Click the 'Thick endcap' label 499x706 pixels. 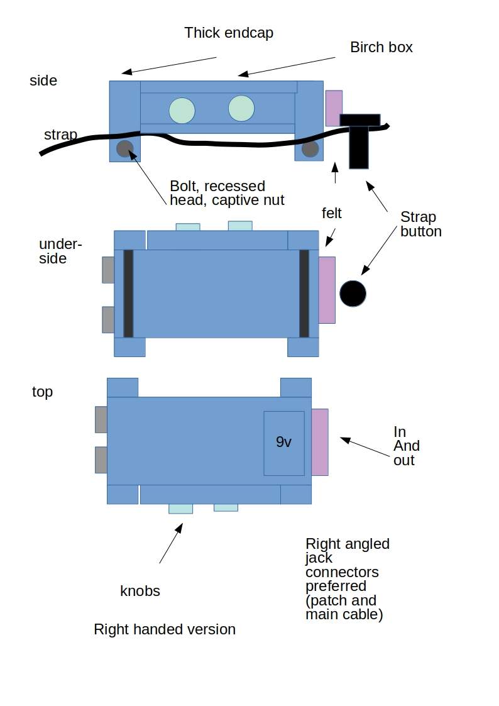[x=229, y=33]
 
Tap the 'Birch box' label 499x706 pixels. [x=381, y=47]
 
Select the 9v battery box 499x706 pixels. [x=284, y=443]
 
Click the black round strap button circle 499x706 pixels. [x=353, y=294]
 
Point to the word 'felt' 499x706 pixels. [x=332, y=213]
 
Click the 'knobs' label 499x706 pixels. [x=140, y=591]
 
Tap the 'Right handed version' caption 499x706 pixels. [x=165, y=629]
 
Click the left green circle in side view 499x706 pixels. [x=182, y=110]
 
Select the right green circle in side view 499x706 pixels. [x=241, y=109]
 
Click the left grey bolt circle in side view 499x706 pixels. [x=125, y=148]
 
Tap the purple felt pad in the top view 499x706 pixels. [x=320, y=442]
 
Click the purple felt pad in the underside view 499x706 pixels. [x=327, y=290]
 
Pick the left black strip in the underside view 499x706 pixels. [x=128, y=294]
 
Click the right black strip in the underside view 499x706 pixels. [x=304, y=294]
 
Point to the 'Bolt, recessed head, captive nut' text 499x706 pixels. [x=227, y=193]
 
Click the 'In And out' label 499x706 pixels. [x=407, y=446]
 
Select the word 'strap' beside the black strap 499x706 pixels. [x=61, y=135]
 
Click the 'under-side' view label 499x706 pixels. [x=60, y=251]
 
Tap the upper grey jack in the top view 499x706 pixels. [x=101, y=419]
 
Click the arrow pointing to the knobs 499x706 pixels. [x=171, y=543]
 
